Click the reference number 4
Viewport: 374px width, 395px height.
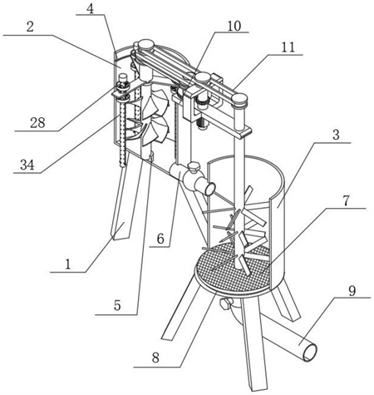pyautogui.click(x=90, y=9)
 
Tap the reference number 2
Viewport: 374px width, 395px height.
pyautogui.click(x=30, y=27)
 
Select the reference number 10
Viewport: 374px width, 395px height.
pyautogui.click(x=234, y=26)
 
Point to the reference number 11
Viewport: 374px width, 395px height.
pyautogui.click(x=288, y=47)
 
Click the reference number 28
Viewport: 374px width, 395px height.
pyautogui.click(x=37, y=122)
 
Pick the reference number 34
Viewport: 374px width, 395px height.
pyautogui.click(x=27, y=165)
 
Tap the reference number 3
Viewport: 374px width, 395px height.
pyautogui.click(x=336, y=135)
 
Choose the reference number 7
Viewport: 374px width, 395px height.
pyautogui.click(x=347, y=200)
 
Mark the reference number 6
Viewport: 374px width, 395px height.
pyautogui.click(x=160, y=239)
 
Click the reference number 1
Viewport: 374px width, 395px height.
pyautogui.click(x=68, y=264)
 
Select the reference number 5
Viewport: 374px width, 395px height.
pyautogui.click(x=117, y=306)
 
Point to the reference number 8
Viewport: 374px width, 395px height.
pyautogui.click(x=155, y=358)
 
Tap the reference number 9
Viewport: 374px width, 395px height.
pyautogui.click(x=352, y=291)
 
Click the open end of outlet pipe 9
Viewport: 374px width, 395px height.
pyautogui.click(x=309, y=352)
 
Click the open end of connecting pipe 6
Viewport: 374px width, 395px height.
pyautogui.click(x=209, y=190)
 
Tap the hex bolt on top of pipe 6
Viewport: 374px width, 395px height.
pyautogui.click(x=193, y=167)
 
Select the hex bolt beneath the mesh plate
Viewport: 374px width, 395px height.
pyautogui.click(x=224, y=304)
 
